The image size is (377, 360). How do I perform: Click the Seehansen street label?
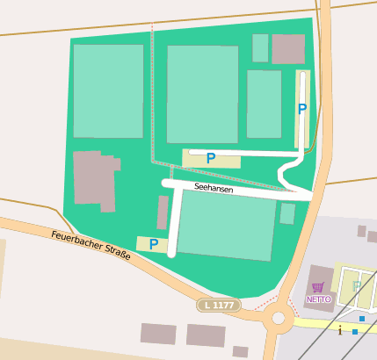(214, 188)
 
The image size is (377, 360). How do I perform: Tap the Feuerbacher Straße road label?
(91, 246)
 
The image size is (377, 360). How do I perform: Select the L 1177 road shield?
(218, 305)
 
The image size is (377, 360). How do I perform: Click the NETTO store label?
(318, 299)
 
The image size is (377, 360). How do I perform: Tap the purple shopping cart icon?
(318, 287)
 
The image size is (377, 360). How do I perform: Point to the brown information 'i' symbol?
(340, 330)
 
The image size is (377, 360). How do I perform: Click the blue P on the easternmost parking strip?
(302, 109)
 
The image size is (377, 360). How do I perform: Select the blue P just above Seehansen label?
(210, 158)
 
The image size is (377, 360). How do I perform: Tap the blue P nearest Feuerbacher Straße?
(154, 244)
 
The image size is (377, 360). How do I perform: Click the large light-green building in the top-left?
(108, 90)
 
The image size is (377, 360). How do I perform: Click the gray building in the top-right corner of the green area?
(287, 49)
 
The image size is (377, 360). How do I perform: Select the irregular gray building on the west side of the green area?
(95, 179)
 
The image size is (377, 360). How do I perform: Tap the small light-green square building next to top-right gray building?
(260, 48)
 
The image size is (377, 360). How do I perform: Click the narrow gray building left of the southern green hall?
(163, 213)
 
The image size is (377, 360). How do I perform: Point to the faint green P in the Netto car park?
(358, 287)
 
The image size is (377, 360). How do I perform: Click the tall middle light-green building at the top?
(202, 94)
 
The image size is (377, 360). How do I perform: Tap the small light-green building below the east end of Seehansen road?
(287, 213)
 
